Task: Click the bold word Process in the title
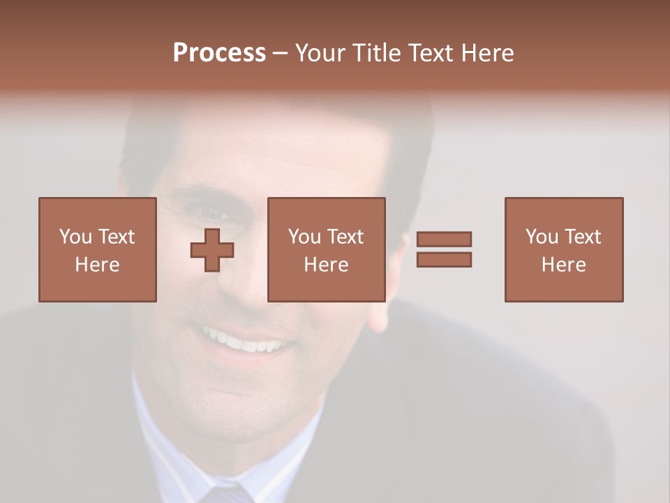coord(219,53)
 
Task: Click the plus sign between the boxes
coord(212,249)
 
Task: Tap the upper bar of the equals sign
coord(444,239)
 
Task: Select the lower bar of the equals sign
coord(444,259)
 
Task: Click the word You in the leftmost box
coord(75,237)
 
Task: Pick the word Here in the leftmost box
coord(97,265)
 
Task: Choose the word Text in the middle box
coord(345,237)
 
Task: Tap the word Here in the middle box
coord(326,265)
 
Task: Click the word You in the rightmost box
coord(542,237)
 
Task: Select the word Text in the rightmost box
coord(582,237)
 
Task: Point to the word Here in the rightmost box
coord(563,265)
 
